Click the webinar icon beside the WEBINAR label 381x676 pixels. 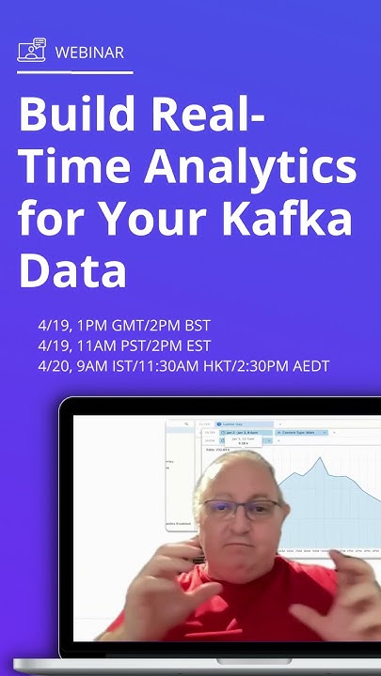click(x=31, y=50)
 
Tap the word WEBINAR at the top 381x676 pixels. click(x=89, y=52)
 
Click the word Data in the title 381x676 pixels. click(x=72, y=270)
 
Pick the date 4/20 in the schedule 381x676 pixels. click(x=54, y=366)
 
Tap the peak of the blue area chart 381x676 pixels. click(x=321, y=459)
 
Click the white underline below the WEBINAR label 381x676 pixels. click(x=75, y=72)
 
